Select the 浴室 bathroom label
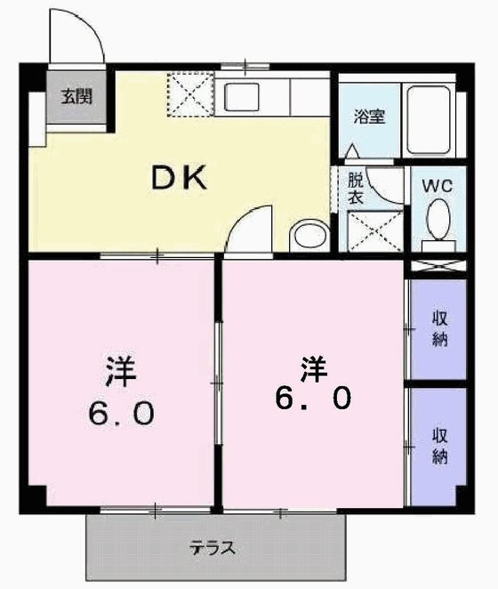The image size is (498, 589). coord(370,116)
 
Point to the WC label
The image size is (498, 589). coord(438,186)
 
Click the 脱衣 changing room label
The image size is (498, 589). coord(356,188)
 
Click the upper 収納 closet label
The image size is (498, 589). coord(439,328)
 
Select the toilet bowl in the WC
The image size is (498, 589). coord(438,221)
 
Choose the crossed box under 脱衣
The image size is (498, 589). coord(371,231)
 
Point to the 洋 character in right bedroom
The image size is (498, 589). coord(313,365)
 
